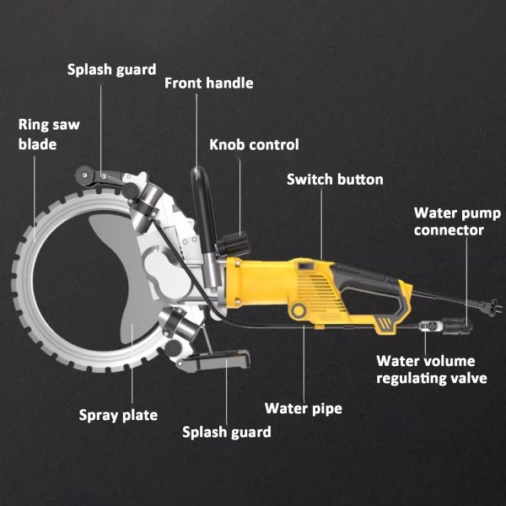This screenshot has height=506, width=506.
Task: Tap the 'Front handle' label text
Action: [208, 83]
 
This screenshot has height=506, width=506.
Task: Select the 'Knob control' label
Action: [254, 145]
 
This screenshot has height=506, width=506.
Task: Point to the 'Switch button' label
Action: [335, 180]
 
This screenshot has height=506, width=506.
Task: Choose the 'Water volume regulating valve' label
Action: [432, 369]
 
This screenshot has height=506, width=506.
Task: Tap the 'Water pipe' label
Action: [304, 409]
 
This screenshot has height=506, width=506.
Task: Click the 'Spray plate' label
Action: [118, 415]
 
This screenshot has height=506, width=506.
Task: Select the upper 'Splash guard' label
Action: [111, 69]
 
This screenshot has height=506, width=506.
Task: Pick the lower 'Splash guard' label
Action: [227, 432]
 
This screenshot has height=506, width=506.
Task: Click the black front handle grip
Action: [203, 207]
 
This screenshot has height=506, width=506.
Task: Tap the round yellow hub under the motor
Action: [298, 312]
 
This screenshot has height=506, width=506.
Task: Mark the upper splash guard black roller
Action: [84, 177]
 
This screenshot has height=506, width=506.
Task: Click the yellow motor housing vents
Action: [317, 287]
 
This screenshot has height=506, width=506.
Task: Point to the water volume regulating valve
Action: [428, 325]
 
